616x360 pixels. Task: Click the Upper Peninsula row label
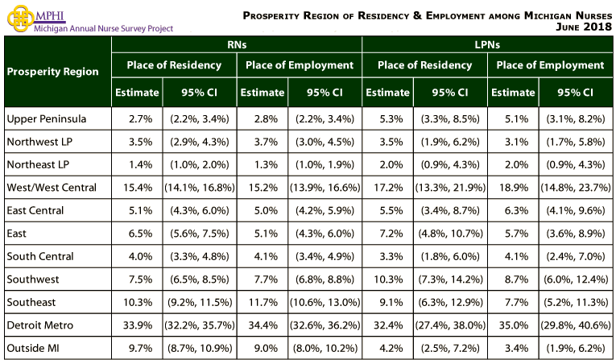click(46, 119)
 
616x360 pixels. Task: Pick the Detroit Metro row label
click(39, 325)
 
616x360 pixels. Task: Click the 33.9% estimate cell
click(136, 325)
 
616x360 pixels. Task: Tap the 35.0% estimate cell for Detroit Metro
click(513, 325)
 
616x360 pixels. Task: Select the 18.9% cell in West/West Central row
click(513, 188)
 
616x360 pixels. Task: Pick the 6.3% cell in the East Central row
click(513, 211)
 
